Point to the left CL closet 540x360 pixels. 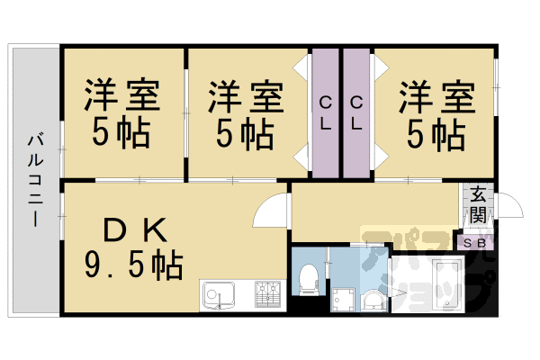click(x=324, y=112)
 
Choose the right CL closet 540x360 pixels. click(x=356, y=112)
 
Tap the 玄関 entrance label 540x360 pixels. click(x=477, y=205)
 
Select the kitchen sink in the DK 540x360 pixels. click(x=219, y=293)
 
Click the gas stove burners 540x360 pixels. click(x=268, y=293)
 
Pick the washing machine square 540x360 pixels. click(x=341, y=298)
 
